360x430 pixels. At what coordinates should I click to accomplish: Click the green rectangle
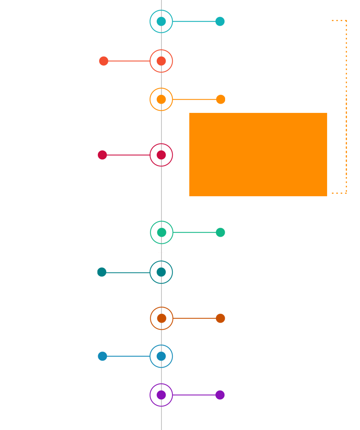pos(188,232)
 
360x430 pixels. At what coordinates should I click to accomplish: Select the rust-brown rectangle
pos(188,318)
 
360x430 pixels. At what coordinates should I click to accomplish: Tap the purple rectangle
pos(187,395)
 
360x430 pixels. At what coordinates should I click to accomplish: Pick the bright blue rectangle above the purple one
pos(135,356)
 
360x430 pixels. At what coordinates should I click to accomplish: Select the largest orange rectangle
pos(258,154)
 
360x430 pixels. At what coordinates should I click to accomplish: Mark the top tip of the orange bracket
pos(333,20)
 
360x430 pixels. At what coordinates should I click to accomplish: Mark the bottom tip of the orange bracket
pos(333,193)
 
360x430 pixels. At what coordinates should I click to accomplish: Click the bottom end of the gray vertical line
pos(161,428)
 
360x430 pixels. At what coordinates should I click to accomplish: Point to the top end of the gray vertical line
pos(161,1)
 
